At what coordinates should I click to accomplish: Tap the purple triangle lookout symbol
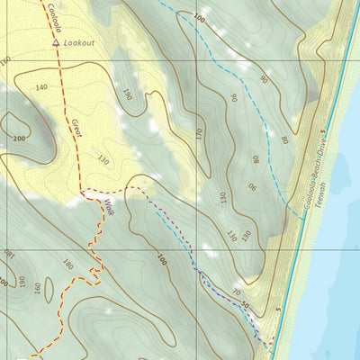[x=56, y=41]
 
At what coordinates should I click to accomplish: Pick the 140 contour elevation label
[x=40, y=87]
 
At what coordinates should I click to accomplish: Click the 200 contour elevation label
[x=18, y=139]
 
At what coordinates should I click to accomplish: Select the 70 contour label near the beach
[x=236, y=293]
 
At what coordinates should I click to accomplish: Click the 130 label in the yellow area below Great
[x=103, y=161]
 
